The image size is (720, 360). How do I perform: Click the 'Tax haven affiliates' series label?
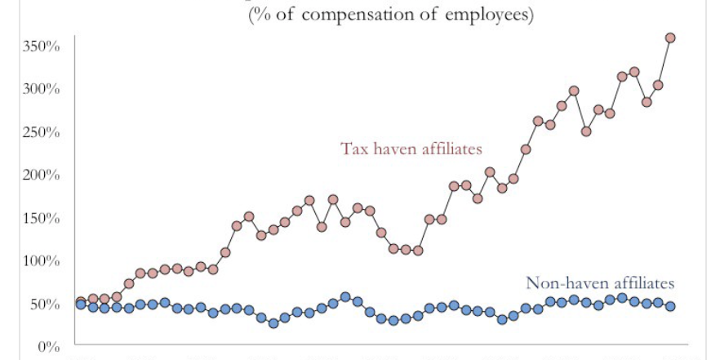(411, 149)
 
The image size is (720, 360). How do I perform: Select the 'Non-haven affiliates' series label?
(601, 283)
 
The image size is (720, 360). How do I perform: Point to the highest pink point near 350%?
(670, 38)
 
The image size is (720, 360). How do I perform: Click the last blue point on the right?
(670, 306)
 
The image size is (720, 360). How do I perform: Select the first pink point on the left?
(81, 302)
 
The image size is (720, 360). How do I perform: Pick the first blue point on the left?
(81, 304)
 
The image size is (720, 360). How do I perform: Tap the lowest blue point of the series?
(273, 323)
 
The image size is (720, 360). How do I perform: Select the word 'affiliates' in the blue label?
(641, 283)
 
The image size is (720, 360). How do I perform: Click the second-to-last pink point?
(658, 85)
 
